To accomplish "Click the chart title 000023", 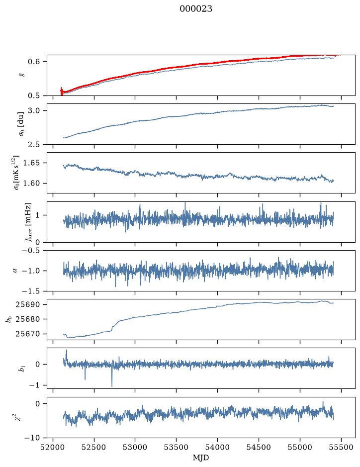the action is (195, 9).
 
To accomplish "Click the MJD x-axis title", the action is (201, 458).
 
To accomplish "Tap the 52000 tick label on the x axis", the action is (53, 447).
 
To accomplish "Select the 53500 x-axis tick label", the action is (176, 447).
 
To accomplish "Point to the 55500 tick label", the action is (341, 447).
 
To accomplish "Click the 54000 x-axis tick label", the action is (217, 447).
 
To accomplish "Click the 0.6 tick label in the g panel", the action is (33, 62).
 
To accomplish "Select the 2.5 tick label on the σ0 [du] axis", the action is (33, 144).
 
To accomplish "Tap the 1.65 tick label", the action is (31, 163).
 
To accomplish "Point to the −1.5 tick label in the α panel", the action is (31, 291).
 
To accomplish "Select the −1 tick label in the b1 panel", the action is (34, 385).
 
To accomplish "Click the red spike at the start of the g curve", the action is (62, 91).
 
